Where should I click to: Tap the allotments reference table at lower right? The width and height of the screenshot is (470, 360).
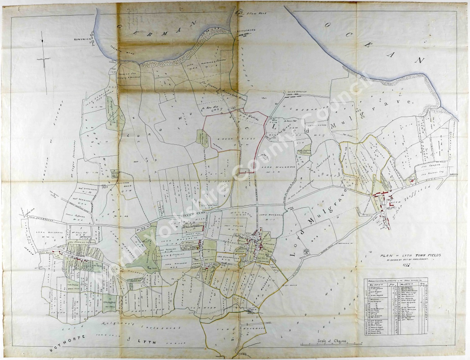point(396,306)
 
